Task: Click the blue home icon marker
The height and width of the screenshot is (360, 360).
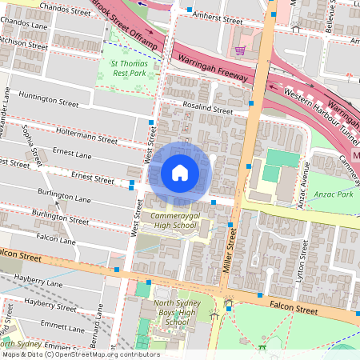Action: point(180,173)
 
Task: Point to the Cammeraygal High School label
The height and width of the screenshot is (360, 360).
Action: point(170,221)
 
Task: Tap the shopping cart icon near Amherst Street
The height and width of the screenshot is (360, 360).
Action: point(240,50)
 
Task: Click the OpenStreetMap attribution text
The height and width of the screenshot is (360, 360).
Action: point(80,354)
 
